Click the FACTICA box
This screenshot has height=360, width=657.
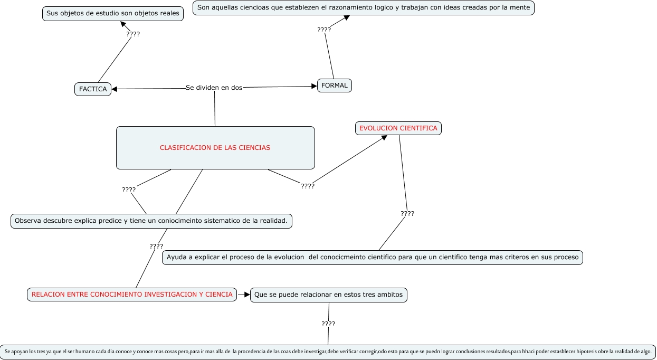point(93,89)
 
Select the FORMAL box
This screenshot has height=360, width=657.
point(334,85)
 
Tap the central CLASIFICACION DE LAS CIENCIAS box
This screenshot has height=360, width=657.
point(215,148)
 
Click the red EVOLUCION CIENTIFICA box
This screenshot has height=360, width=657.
point(398,128)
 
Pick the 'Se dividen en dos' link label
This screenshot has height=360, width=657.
point(214,88)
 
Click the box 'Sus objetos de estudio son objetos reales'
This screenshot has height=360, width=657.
point(112,14)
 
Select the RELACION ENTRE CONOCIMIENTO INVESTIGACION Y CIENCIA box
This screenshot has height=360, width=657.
point(132,295)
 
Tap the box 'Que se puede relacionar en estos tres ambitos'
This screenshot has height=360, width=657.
point(328,295)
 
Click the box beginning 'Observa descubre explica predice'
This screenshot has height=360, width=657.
point(151,221)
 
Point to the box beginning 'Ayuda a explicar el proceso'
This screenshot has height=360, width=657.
point(372,257)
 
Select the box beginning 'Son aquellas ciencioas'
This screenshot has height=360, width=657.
point(364,8)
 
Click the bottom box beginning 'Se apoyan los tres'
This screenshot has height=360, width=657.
point(328,351)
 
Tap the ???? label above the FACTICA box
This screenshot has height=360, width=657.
point(133,34)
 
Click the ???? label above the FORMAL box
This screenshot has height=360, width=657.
point(324,30)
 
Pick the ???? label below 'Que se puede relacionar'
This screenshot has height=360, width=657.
point(328,324)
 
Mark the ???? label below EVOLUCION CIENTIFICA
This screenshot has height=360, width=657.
point(407,214)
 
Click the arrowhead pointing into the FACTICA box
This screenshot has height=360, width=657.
point(115,89)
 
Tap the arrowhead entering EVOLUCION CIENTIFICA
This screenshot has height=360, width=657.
point(385,137)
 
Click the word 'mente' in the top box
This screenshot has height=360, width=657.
point(520,8)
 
